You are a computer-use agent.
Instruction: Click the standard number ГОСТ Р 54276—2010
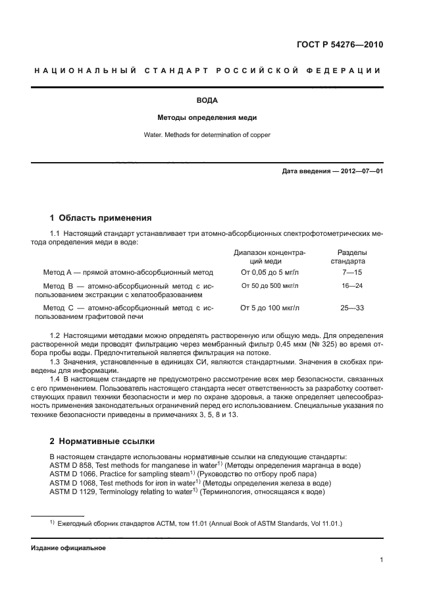[340, 45]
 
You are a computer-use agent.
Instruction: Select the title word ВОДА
[207, 101]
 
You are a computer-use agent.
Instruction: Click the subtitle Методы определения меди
[207, 118]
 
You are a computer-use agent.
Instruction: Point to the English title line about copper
[207, 135]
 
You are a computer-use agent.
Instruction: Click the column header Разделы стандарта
[352, 256]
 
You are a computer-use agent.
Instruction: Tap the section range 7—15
[352, 271]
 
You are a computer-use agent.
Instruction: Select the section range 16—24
[352, 286]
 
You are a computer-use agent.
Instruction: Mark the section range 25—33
[352, 308]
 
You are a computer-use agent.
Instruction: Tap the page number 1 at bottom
[382, 560]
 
